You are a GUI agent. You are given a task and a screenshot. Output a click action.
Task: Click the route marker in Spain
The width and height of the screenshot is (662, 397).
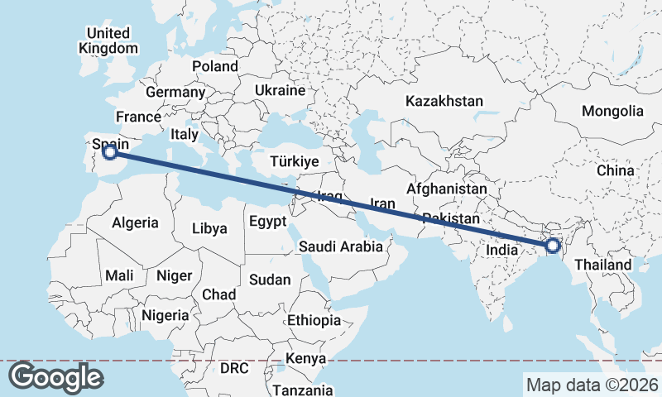109,151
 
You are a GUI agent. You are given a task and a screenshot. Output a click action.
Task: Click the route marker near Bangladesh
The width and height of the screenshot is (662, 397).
553,246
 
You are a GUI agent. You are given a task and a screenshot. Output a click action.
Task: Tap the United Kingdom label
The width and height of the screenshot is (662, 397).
108,41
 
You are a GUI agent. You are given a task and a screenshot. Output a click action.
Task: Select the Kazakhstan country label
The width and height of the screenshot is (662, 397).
444,101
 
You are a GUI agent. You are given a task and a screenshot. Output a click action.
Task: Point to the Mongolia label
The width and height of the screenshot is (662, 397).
612,111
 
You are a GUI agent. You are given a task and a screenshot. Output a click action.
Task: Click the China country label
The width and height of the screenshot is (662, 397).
615,170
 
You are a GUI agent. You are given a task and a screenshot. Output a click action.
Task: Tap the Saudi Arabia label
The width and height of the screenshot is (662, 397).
341,246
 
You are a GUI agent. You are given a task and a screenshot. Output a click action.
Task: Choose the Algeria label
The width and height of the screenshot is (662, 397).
135,222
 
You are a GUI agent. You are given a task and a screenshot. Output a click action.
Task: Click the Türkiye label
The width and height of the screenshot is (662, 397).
294,161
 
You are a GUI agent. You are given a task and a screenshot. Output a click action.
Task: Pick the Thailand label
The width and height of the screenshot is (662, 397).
603,265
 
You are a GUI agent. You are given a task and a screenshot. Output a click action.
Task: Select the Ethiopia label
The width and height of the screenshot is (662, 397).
314,320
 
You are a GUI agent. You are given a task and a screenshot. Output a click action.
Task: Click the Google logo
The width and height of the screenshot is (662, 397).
55,377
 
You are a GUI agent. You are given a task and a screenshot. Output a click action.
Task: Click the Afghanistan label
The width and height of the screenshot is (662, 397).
446,189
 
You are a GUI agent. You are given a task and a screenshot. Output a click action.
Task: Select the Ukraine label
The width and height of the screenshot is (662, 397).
280,89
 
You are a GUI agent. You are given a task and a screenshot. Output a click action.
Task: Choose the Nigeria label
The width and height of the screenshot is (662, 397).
165,315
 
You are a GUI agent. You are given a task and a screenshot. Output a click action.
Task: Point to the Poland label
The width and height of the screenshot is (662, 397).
214,66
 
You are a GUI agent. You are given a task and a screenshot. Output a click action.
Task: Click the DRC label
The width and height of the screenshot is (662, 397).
234,367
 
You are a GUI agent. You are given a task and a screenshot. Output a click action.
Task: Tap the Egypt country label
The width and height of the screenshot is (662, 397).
266,222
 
